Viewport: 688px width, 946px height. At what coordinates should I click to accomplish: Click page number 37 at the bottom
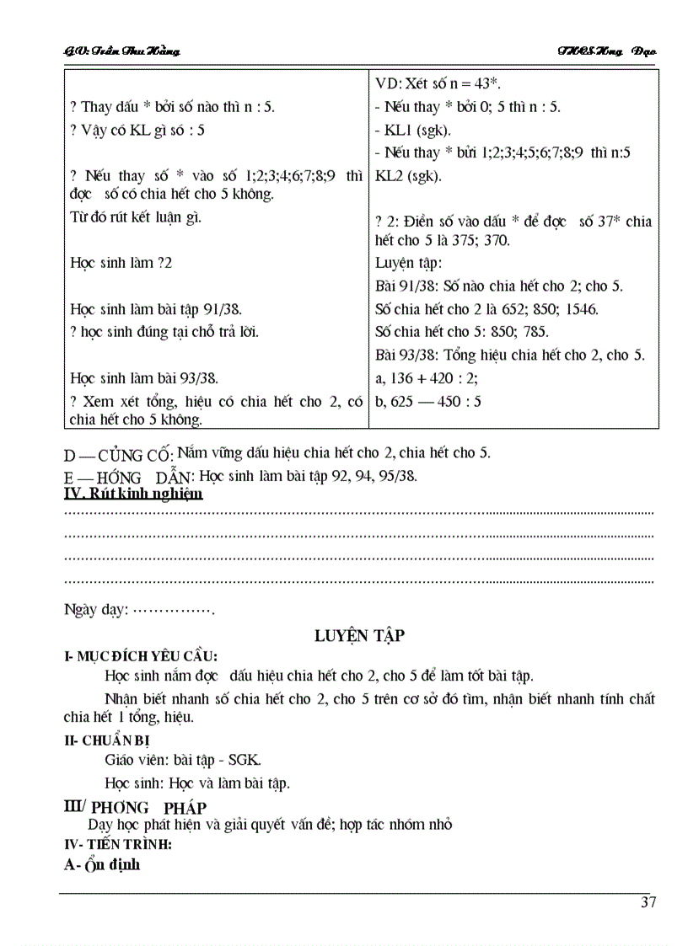tap(648, 902)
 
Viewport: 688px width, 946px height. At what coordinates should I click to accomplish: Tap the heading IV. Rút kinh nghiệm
tap(133, 494)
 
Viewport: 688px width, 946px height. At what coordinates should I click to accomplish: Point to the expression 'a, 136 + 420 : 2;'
tap(429, 378)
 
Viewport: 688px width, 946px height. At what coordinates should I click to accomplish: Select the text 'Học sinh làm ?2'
tap(121, 263)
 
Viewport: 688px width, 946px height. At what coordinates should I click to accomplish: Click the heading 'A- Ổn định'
tap(102, 864)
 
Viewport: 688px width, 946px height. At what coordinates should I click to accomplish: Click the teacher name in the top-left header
tap(122, 51)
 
